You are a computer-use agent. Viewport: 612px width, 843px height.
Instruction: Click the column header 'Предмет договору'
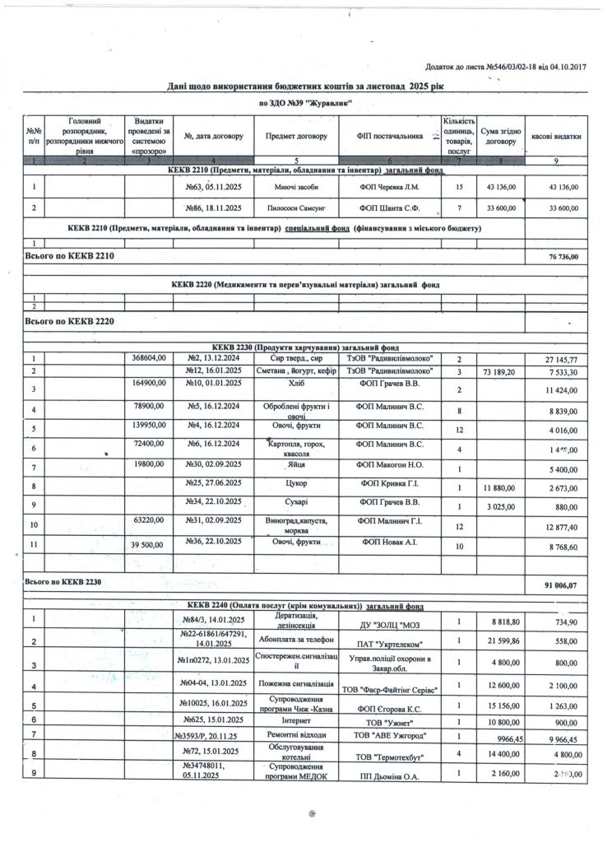click(297, 136)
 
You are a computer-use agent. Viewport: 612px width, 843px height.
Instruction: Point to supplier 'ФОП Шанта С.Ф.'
click(390, 210)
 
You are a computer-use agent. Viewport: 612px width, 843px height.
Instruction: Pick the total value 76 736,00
click(563, 258)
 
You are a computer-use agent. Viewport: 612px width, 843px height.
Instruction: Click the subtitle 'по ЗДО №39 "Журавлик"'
click(305, 104)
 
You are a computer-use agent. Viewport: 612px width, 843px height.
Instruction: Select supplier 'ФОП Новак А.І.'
click(390, 544)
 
